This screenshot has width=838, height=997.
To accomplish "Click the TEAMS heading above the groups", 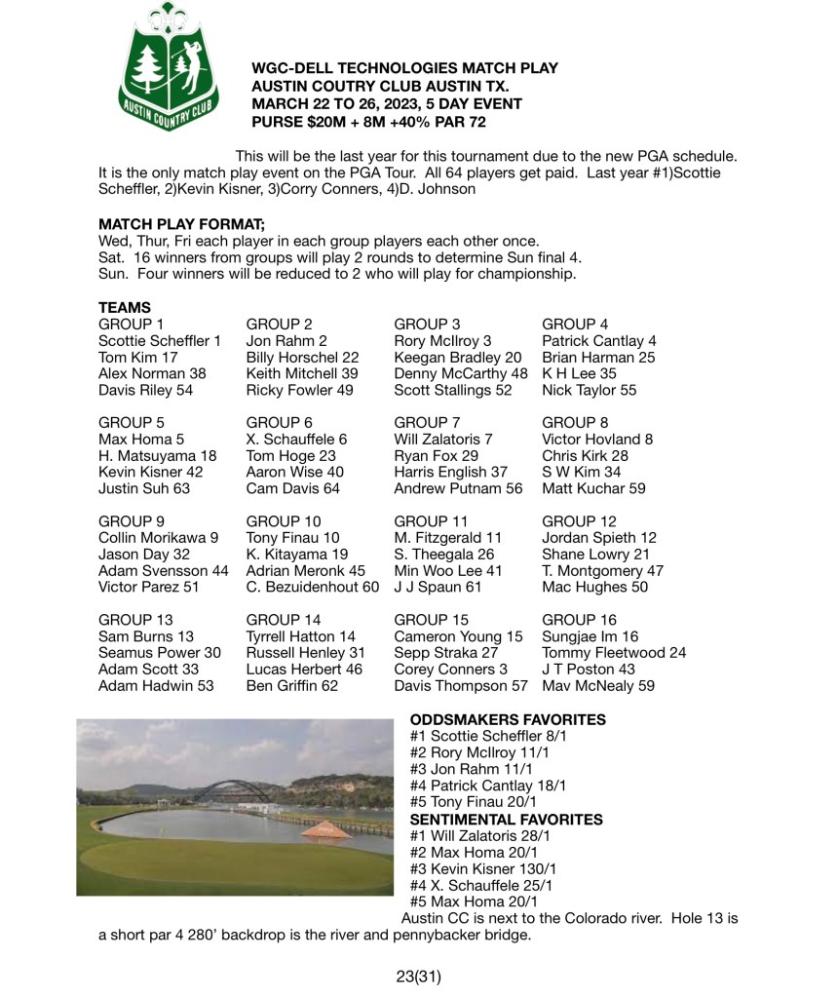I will (x=124, y=307).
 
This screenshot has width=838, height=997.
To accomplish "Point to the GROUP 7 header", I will (x=427, y=422).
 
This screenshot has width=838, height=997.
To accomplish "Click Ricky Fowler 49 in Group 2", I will (x=300, y=390).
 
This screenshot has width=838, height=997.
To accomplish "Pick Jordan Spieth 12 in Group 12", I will (x=598, y=537).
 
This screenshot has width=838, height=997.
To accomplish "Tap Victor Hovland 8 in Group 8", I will (x=596, y=439).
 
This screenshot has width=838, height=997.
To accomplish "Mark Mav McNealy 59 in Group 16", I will (x=597, y=686).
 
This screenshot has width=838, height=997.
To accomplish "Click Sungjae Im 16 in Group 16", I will (x=590, y=636).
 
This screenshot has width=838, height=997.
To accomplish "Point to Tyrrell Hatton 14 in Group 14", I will (x=300, y=636).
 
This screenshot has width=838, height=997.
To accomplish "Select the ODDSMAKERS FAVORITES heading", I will (x=508, y=720).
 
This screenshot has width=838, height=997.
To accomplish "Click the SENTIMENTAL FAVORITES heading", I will (x=506, y=820).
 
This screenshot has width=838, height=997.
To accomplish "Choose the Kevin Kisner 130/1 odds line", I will (x=482, y=869).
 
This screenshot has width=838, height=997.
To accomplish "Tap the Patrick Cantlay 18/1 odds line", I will (x=484, y=786).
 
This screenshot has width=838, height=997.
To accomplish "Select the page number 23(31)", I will (x=419, y=974).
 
